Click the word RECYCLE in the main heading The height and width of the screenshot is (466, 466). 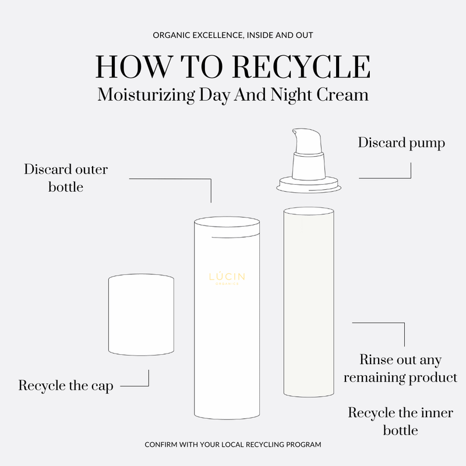(301, 66)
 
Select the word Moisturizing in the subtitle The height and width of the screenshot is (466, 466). (146, 95)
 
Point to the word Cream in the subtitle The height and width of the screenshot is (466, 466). (342, 94)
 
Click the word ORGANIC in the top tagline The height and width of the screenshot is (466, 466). (171, 36)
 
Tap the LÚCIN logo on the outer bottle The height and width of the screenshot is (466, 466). (227, 278)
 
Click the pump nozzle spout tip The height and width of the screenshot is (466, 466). (295, 132)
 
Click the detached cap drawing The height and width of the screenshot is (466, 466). (141, 315)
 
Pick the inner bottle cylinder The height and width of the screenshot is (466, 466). (309, 302)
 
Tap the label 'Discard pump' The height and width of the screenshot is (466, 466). (401, 143)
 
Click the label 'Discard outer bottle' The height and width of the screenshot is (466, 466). (66, 178)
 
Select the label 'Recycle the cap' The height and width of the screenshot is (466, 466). (66, 386)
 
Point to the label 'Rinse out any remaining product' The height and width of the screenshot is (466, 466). (400, 369)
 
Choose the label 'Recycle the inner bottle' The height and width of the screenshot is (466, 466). (400, 421)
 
